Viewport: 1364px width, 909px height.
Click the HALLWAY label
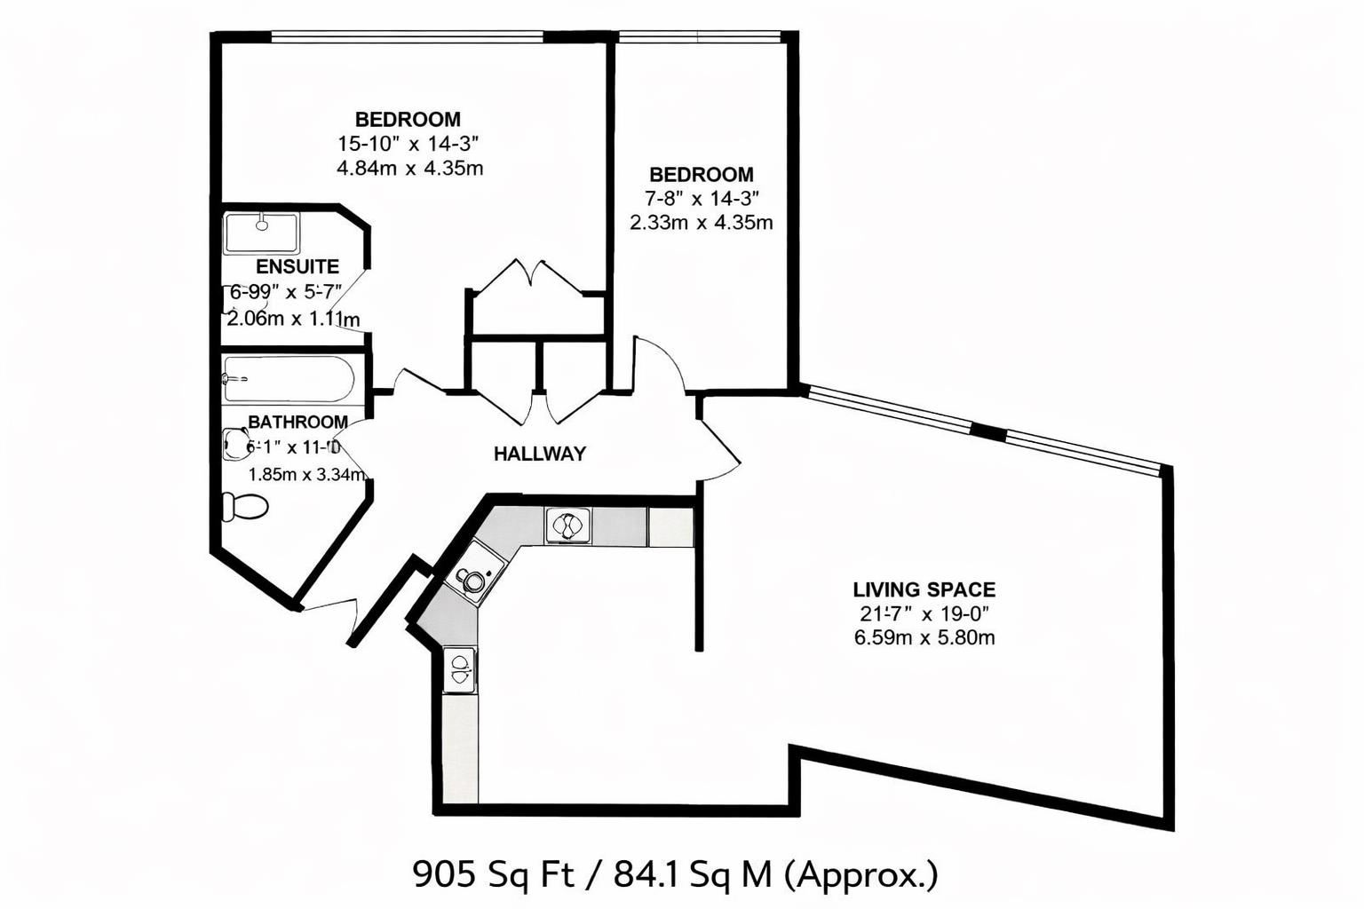[540, 454]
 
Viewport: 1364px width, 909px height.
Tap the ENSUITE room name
[297, 266]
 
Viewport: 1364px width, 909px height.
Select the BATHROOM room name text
[297, 422]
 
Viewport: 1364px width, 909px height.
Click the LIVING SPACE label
[924, 589]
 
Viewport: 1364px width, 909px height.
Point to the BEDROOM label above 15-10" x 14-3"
[408, 119]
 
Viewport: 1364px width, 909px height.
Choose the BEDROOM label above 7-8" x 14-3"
[701, 175]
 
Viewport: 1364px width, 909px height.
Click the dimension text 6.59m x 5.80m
[924, 637]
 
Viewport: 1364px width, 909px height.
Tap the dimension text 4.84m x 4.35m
[409, 168]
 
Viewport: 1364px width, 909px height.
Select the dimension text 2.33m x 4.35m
[701, 223]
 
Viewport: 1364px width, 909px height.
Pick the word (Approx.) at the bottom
[860, 875]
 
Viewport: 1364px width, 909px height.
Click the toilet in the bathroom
[244, 506]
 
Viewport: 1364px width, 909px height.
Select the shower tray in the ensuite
[261, 233]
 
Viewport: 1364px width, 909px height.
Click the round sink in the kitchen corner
[472, 579]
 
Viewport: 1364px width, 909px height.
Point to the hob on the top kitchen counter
[566, 526]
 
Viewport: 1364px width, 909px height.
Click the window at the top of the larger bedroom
[407, 36]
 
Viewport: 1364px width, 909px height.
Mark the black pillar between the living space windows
[988, 431]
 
